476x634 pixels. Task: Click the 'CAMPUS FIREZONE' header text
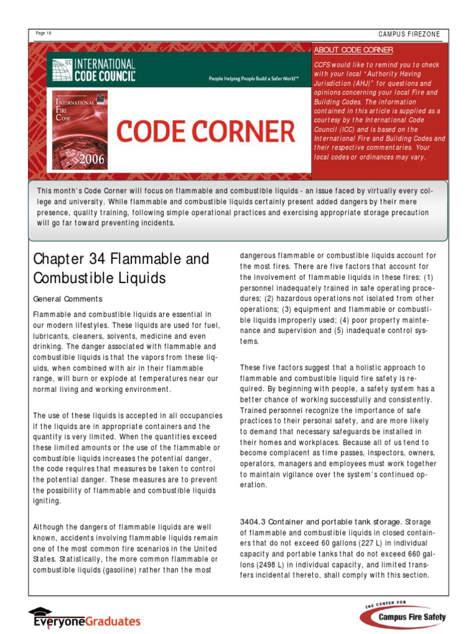pos(409,34)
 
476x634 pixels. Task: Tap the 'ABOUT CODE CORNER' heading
pos(353,50)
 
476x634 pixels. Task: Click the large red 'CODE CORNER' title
pos(206,132)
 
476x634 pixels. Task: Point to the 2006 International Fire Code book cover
pos(80,130)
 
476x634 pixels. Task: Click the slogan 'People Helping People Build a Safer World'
pos(253,79)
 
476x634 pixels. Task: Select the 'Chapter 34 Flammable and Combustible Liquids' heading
pos(121,268)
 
